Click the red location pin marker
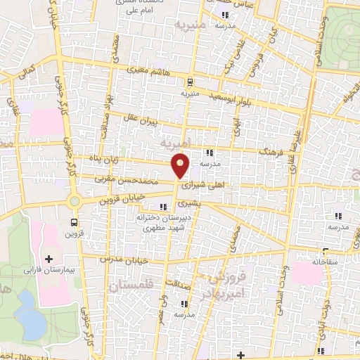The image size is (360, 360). click(x=181, y=165)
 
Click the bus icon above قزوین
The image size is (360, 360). click(x=73, y=223)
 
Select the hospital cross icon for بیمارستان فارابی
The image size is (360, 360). click(x=49, y=259)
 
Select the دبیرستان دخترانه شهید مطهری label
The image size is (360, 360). click(x=165, y=223)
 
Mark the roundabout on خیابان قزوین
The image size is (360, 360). click(x=75, y=202)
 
